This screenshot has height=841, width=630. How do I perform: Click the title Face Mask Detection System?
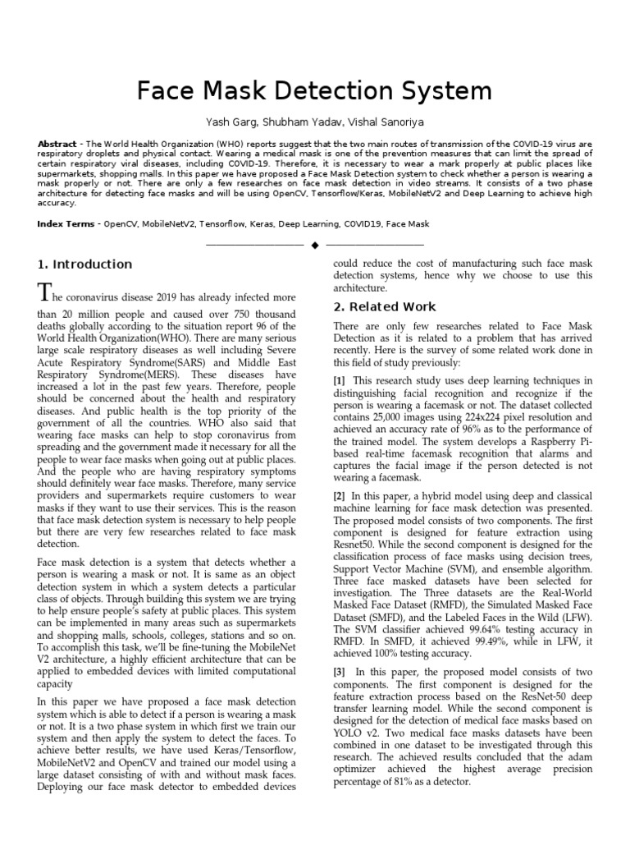click(x=314, y=90)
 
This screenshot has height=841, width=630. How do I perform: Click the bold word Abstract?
click(x=57, y=144)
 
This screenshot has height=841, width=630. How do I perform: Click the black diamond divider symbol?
click(x=314, y=245)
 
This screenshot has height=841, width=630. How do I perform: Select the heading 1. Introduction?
click(x=84, y=264)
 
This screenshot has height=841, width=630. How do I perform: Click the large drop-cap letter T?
click(x=46, y=292)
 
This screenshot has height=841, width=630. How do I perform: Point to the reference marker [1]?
click(x=339, y=380)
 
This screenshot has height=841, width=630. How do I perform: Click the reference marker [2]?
click(x=339, y=496)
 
